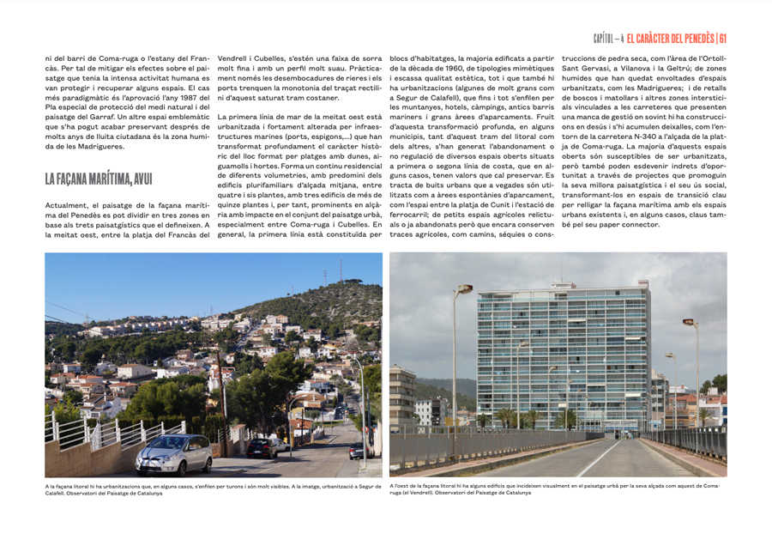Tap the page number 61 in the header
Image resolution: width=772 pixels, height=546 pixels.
pos(722,39)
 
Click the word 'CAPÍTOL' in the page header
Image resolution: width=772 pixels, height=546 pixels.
pos(606,39)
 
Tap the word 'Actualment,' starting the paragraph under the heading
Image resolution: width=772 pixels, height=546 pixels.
pos(68,204)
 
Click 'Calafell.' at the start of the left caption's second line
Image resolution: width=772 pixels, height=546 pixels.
pos(57,493)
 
